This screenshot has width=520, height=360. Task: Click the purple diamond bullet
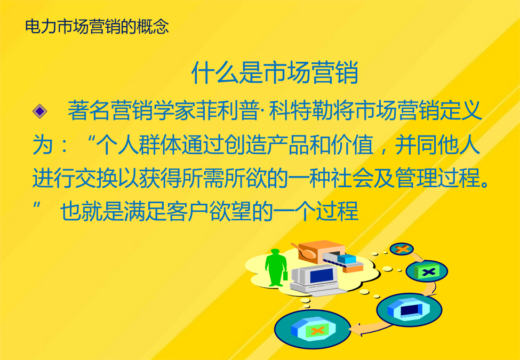[x=39, y=111]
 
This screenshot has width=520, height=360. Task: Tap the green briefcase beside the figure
[x=285, y=275]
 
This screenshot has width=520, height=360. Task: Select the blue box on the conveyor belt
[x=347, y=259]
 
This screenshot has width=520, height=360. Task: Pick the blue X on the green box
[x=429, y=272]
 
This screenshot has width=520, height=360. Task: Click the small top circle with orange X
[x=402, y=249]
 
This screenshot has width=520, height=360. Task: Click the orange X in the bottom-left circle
[x=317, y=330]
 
